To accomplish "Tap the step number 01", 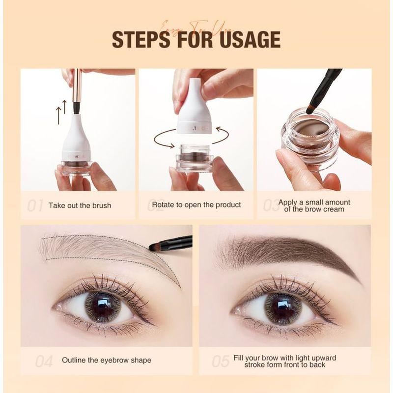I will tap(35, 205).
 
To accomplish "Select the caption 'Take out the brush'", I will tap(80, 205).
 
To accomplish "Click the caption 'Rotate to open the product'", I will tap(196, 204).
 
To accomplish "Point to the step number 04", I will tap(44, 362).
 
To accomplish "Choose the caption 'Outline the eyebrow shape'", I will tap(107, 360).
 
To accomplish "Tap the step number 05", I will tap(221, 362).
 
